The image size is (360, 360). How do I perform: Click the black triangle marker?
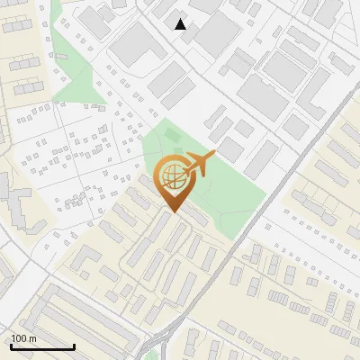coord(181,24)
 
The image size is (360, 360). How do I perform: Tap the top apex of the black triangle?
coord(181,19)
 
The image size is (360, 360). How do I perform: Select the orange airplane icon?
coord(199,165)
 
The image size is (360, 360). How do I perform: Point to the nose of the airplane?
coord(213,155)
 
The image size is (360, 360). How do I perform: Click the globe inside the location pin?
coord(171,177)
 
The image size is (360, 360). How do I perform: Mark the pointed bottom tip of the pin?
coord(171,212)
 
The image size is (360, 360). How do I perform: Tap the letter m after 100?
coord(32,338)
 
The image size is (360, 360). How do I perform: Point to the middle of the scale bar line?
coord(42,346)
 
